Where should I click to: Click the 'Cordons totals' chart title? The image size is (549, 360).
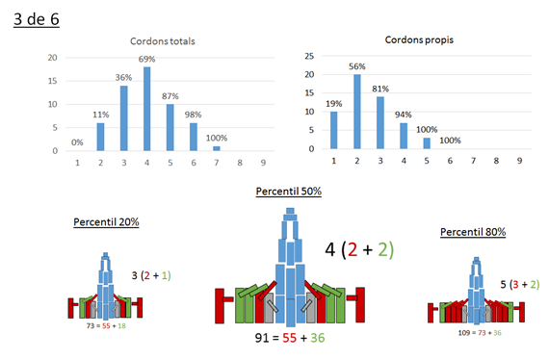(163, 41)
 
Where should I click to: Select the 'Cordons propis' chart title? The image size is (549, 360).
(419, 39)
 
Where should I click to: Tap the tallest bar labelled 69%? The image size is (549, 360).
(147, 109)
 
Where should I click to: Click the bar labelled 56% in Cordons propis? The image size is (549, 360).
(357, 112)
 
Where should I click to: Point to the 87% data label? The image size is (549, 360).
(170, 96)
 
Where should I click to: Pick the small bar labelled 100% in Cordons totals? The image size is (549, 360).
(217, 148)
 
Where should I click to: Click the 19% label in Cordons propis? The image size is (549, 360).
(333, 104)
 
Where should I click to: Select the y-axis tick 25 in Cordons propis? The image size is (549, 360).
(309, 56)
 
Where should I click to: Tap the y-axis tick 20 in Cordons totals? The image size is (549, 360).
(53, 58)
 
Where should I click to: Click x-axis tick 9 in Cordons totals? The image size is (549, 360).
(263, 163)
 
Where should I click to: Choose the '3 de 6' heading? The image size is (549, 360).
(37, 19)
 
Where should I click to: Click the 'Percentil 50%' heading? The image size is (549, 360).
(289, 192)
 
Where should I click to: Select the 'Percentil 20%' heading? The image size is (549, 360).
(106, 222)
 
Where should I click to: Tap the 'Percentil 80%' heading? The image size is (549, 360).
(473, 232)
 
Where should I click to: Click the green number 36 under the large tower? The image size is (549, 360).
(318, 338)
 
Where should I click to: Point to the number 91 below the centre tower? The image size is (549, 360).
(262, 338)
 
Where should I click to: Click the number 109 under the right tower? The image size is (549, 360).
(464, 333)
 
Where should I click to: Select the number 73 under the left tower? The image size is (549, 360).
(91, 326)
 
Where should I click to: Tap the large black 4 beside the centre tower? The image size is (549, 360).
(330, 250)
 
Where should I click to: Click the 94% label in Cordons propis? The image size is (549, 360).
(404, 115)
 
